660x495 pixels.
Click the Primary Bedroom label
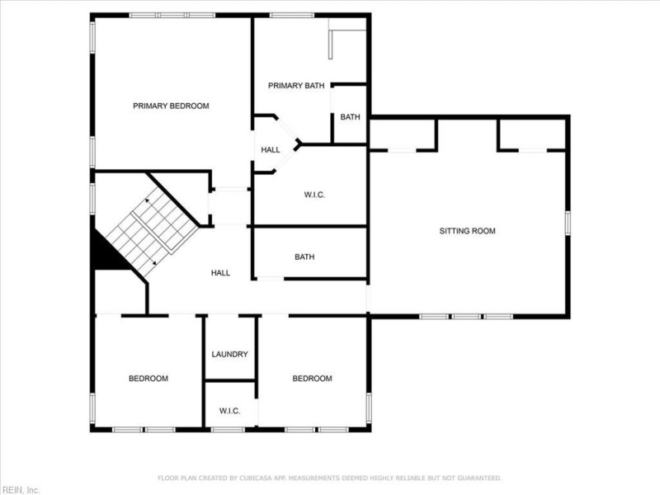point(171,106)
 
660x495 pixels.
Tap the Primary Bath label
point(296,85)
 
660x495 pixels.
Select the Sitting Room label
point(467,231)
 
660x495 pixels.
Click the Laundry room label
point(229,354)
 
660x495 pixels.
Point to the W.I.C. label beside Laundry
point(229,410)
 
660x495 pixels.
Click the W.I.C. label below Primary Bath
point(314,195)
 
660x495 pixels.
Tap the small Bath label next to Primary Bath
point(350,116)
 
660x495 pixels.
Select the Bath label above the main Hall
point(304,257)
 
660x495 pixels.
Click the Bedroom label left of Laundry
point(148,379)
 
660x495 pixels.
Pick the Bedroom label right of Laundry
point(313,379)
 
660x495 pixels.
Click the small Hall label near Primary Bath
point(271,150)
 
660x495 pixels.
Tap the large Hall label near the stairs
point(220,272)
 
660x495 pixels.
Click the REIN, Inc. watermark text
point(21,489)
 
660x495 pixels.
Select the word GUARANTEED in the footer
point(480,478)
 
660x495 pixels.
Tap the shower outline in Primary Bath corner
point(346,43)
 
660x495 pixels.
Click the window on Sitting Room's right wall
point(568,223)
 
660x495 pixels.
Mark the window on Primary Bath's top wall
point(291,15)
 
